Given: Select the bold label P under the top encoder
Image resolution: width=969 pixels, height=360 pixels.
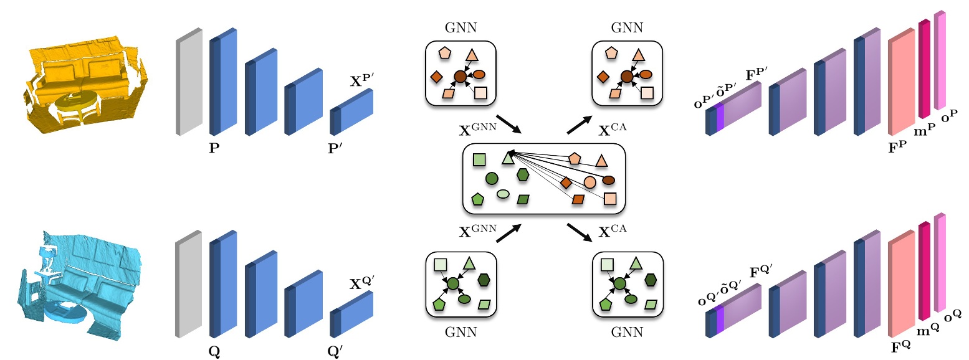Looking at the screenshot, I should click(214, 150).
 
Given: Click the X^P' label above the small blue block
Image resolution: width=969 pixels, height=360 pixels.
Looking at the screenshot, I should click(361, 79).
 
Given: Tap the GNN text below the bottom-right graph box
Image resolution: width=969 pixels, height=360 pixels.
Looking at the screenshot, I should click(626, 332).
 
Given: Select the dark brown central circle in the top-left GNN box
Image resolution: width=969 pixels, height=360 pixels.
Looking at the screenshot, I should click(461, 76).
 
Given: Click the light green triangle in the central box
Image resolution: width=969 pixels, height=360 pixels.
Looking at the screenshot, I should click(508, 158).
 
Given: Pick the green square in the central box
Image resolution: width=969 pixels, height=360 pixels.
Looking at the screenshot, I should click(479, 159).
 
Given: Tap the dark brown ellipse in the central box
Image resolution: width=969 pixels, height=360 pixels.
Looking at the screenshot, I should click(608, 180).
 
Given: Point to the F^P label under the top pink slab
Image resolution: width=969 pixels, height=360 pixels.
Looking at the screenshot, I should click(900, 149).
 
